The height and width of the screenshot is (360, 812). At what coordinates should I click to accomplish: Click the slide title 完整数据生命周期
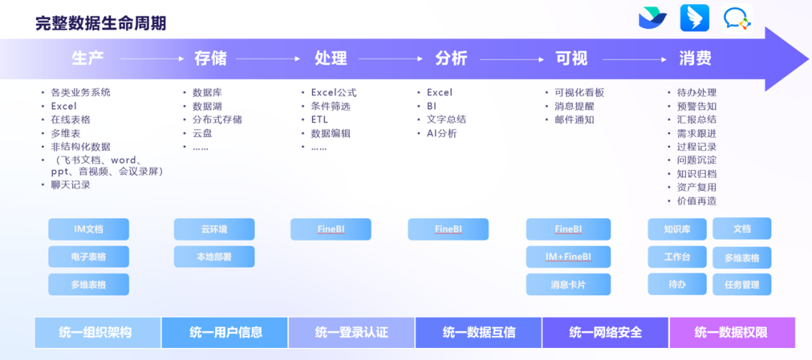point(101,23)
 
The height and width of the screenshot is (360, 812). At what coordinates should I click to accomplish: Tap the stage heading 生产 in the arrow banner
point(88,58)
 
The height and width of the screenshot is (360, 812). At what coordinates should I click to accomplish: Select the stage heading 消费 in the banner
point(695,58)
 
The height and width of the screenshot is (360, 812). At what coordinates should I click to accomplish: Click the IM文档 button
point(89,229)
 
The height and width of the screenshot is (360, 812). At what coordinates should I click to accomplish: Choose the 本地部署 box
point(214,257)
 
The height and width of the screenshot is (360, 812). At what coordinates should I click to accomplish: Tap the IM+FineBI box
point(568,257)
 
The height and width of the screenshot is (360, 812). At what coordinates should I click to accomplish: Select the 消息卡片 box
point(568,284)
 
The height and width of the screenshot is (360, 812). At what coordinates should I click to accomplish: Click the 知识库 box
point(677,229)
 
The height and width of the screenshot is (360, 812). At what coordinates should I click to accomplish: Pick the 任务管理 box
point(742,284)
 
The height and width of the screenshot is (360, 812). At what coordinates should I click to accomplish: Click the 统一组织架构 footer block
point(98,332)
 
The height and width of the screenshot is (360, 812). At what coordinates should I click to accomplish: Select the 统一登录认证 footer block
point(351,332)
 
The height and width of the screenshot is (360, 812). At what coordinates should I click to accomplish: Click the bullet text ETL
point(320,119)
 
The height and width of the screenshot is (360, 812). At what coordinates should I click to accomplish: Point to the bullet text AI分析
point(441,133)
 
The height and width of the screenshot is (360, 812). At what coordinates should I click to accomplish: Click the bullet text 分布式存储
point(217,119)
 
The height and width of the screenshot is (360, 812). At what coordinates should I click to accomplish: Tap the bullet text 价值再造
point(696,201)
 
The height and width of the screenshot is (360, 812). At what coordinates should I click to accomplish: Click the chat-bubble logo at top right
point(737,19)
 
